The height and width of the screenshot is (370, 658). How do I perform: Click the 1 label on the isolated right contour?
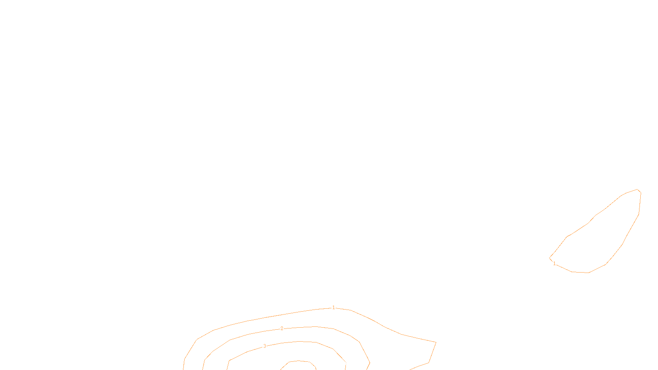(x=554, y=264)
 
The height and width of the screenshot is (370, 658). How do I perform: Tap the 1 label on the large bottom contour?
(x=334, y=308)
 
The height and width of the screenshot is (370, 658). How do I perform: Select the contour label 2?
(x=282, y=328)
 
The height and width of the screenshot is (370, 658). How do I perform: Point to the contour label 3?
(x=264, y=346)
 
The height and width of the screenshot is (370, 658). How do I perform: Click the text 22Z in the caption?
(x=312, y=363)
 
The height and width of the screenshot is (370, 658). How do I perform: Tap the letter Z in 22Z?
(x=315, y=363)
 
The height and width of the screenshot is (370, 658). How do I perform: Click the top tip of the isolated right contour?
(x=638, y=190)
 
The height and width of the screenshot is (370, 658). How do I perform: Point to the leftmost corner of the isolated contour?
(x=550, y=258)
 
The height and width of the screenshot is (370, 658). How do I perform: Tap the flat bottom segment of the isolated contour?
(x=580, y=272)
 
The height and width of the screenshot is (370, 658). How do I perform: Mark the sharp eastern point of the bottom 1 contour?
(x=436, y=342)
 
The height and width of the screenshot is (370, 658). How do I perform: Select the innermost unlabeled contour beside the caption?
(x=290, y=362)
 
